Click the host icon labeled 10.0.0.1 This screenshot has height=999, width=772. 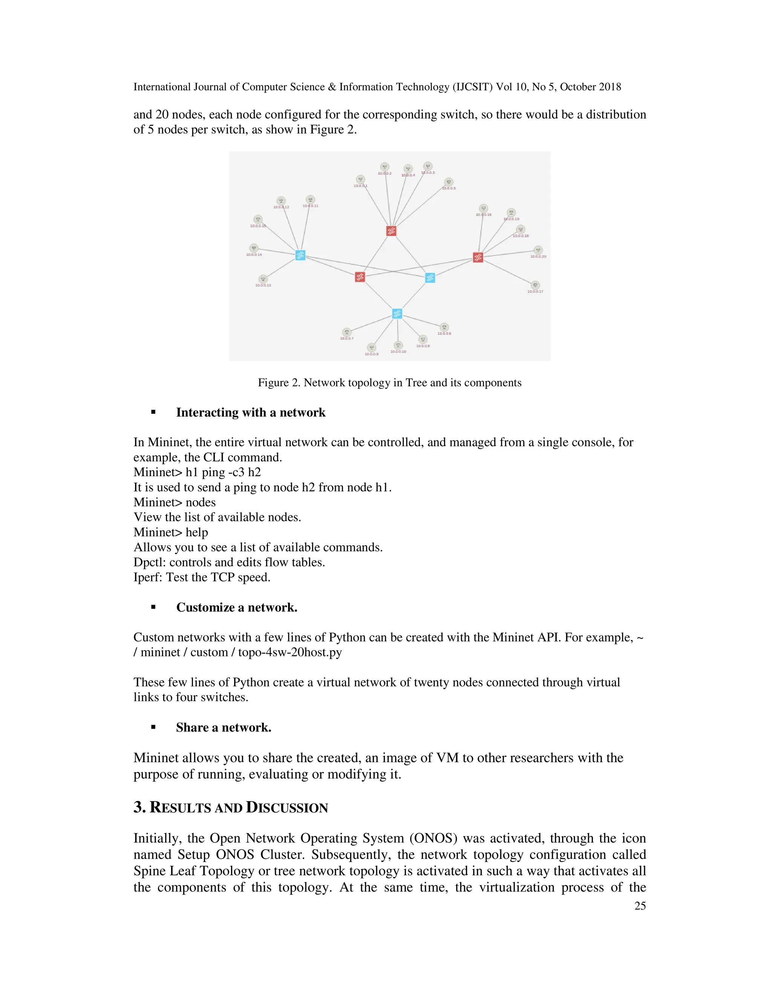click(x=360, y=179)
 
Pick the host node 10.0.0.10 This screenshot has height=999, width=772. click(x=398, y=345)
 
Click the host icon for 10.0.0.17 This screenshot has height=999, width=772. click(x=535, y=285)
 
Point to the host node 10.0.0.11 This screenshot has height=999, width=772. click(x=310, y=199)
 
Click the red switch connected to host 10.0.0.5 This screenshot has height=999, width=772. click(x=391, y=231)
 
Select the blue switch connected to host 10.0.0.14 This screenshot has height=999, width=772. click(x=300, y=255)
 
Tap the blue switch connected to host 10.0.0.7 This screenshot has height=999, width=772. click(x=397, y=314)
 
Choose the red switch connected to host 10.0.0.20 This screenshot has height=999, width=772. click(x=478, y=257)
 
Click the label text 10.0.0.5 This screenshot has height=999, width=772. click(x=449, y=188)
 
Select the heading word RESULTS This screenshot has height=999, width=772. click(x=181, y=808)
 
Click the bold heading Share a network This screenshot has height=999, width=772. click(x=224, y=728)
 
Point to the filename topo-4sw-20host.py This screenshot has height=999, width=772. click(x=290, y=652)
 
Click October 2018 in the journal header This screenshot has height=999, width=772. click(x=590, y=87)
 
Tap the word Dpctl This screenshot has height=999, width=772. click(x=149, y=562)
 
